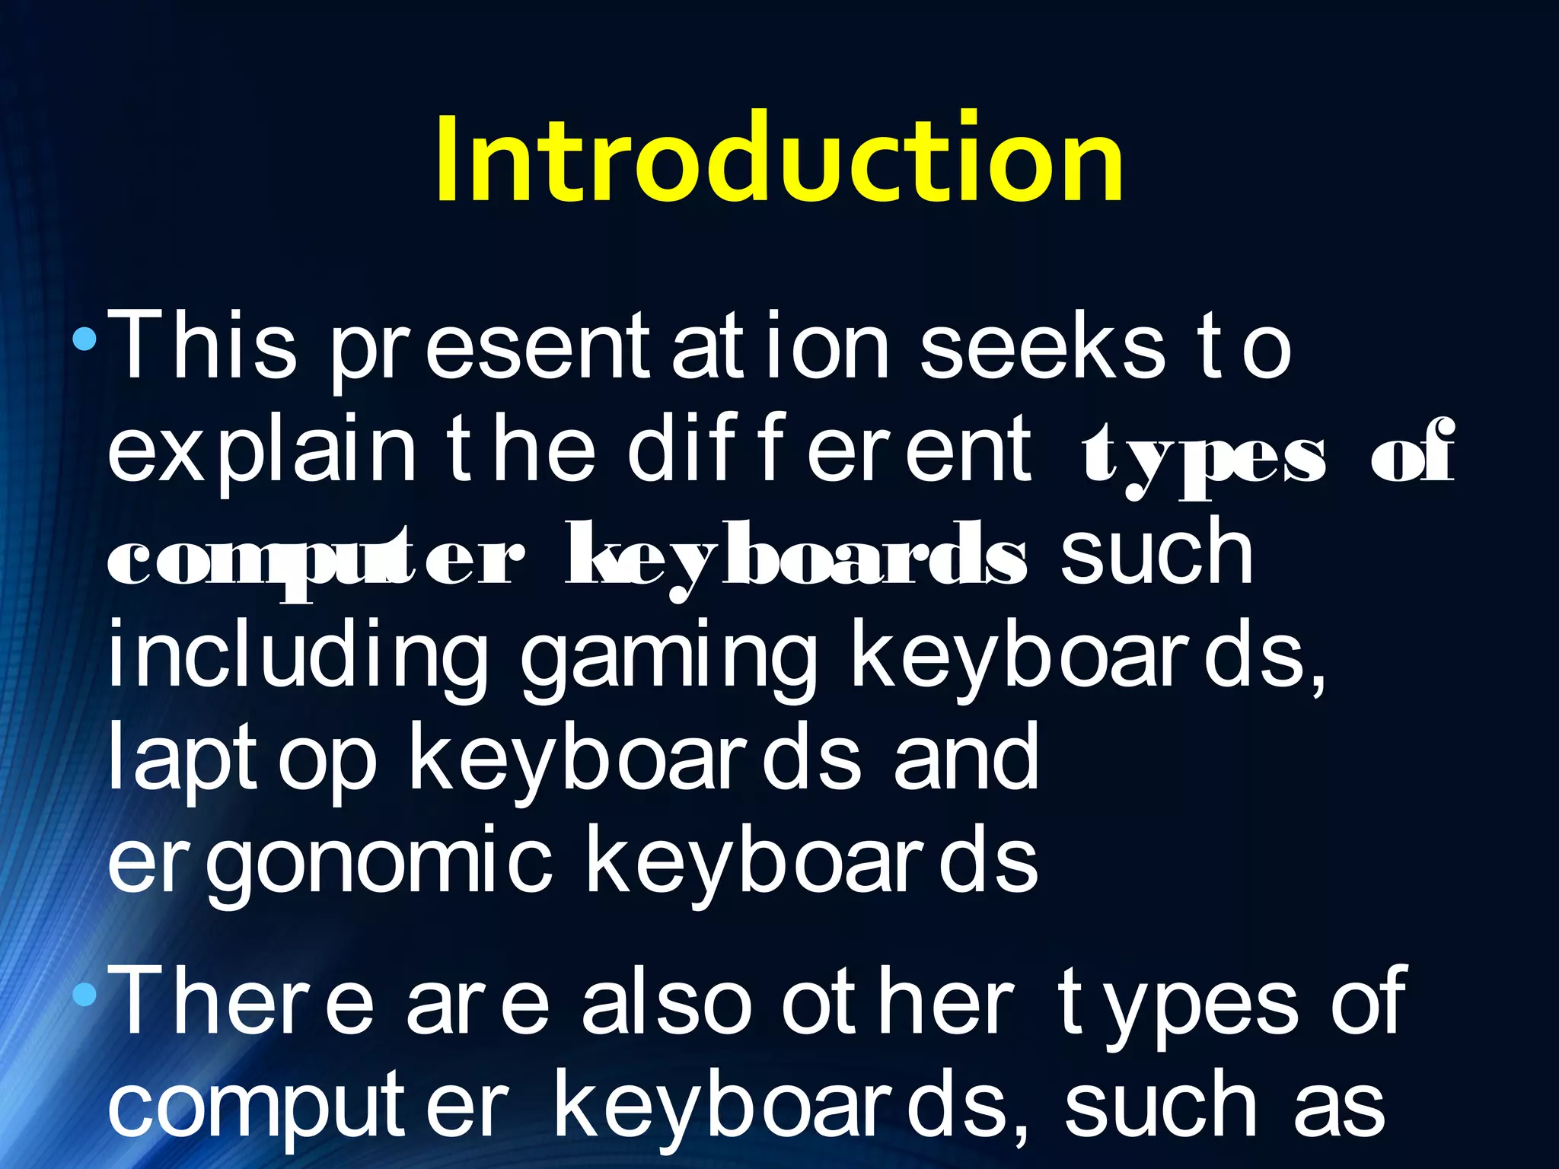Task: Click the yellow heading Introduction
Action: tap(779, 158)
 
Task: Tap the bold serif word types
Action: tap(1203, 457)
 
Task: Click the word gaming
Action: tap(668, 657)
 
